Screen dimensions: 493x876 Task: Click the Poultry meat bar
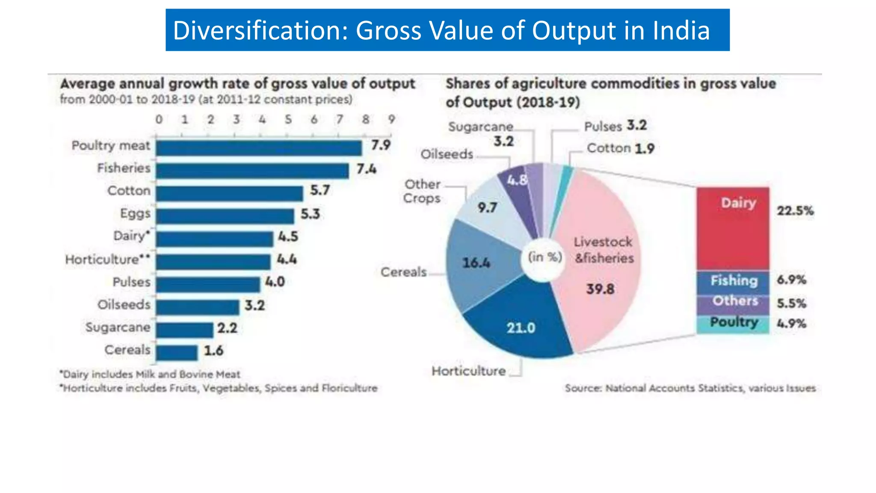coord(258,148)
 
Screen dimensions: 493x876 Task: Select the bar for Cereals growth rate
coord(176,353)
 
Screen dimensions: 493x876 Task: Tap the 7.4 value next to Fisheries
coord(366,169)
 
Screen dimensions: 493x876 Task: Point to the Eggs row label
coord(135,213)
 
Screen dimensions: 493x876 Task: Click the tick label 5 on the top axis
coord(288,119)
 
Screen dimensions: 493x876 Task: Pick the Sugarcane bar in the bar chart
coord(184,330)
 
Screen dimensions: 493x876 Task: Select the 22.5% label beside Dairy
coord(795,211)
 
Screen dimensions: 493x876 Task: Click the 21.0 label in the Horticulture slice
coord(521,328)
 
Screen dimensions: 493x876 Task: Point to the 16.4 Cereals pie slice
coord(479,265)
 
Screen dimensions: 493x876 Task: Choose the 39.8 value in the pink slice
coord(600,289)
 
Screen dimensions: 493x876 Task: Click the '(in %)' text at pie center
coord(545,257)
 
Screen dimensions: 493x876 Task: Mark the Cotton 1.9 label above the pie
coord(620,148)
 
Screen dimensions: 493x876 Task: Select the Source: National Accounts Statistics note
coord(690,388)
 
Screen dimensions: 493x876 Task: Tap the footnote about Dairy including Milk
coord(150,374)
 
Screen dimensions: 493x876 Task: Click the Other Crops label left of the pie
coord(422,191)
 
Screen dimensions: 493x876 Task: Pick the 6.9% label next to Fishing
coord(791,280)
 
